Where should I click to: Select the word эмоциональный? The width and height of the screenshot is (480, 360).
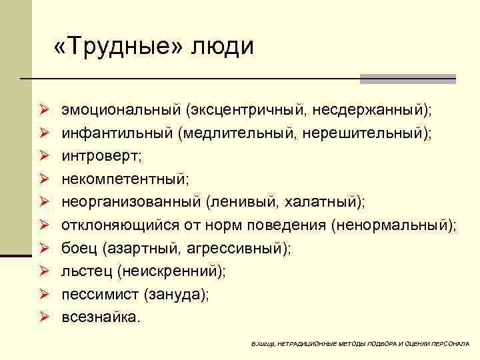point(121,109)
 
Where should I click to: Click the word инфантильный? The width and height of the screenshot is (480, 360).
point(117,133)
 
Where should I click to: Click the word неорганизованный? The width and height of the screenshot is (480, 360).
point(131,203)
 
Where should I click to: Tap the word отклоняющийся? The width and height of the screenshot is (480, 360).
point(115,226)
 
